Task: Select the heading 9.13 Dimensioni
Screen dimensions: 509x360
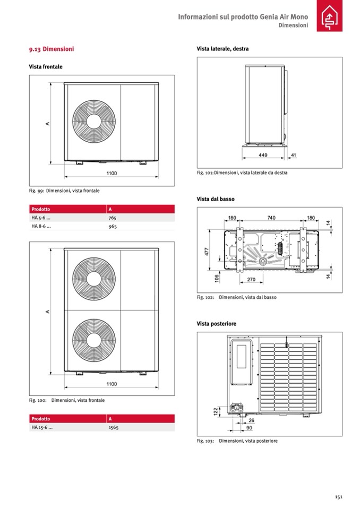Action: point(52,49)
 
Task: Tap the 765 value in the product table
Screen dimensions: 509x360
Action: point(112,218)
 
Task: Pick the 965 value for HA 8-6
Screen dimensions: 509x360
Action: point(112,226)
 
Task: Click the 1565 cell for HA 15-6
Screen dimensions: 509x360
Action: point(113,427)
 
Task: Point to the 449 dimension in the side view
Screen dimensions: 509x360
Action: point(263,155)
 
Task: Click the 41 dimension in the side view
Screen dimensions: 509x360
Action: point(293,155)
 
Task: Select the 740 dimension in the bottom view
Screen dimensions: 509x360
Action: point(271,218)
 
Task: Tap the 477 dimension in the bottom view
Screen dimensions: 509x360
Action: point(207,251)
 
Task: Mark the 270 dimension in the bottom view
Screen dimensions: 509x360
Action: point(252,279)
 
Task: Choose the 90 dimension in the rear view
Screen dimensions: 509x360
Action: point(250,427)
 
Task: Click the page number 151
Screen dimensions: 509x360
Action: point(338,497)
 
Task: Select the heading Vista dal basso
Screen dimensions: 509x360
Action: point(215,199)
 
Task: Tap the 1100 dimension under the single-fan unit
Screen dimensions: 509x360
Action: point(112,174)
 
